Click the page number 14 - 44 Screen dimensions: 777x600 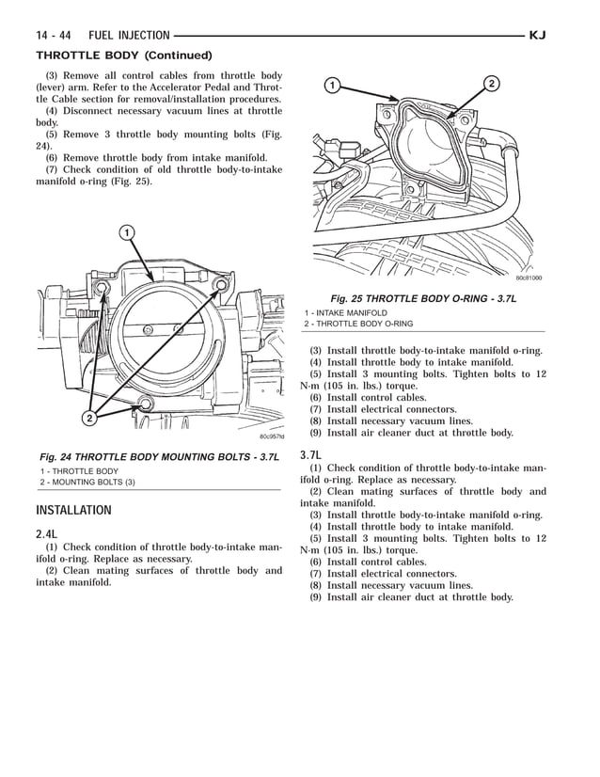[55, 36]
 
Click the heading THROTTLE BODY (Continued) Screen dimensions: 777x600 [123, 55]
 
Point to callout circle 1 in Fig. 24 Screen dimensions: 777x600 [125, 232]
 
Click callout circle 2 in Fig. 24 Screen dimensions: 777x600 [89, 418]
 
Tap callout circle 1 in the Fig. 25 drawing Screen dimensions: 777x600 [331, 87]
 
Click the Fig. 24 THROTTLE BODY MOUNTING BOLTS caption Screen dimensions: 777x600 [158, 456]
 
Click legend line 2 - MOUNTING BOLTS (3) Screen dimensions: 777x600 [87, 483]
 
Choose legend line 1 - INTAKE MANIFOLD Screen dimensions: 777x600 [345, 312]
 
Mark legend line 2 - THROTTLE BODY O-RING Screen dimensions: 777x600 [358, 324]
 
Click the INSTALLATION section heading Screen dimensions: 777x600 [73, 511]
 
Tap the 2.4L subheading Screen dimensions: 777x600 [47, 534]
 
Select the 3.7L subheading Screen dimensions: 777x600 [312, 455]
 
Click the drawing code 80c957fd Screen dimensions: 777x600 [271, 436]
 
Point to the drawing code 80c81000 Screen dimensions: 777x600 [529, 277]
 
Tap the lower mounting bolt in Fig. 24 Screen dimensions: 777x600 [144, 404]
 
